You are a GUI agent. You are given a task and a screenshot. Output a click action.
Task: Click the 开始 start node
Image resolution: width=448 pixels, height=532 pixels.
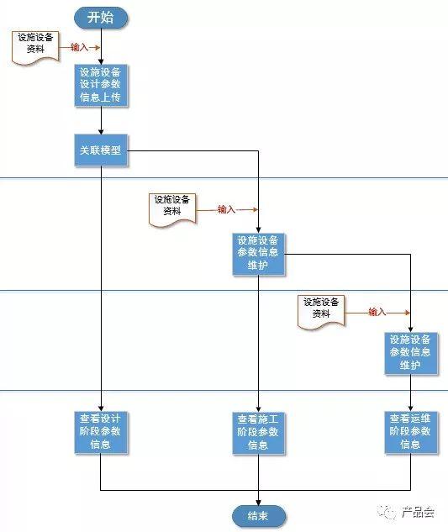pos(101,18)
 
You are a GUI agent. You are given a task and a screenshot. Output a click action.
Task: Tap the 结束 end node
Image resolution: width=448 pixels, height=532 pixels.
pos(259,516)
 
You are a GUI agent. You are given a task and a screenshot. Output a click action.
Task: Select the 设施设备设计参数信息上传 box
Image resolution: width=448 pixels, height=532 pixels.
pos(101,86)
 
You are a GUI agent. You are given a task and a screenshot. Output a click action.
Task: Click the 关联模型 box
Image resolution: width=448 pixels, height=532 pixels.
pos(101,150)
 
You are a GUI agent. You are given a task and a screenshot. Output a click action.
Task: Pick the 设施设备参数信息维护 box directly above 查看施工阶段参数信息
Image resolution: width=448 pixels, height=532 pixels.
pos(258,254)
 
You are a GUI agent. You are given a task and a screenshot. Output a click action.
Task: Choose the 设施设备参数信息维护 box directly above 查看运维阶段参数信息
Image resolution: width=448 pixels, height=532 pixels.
pos(411,353)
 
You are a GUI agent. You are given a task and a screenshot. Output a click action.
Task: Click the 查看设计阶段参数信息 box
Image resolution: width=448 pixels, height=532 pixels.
pos(101,432)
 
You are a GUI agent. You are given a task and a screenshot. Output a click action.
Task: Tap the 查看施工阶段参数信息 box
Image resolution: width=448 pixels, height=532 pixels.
pos(258,433)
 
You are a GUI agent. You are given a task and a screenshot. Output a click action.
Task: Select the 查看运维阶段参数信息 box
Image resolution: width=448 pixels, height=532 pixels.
pos(411,432)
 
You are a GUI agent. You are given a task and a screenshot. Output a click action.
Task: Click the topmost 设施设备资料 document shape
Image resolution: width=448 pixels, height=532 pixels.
pos(35,47)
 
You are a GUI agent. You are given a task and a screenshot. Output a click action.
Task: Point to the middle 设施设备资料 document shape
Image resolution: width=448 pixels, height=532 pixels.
pos(172,209)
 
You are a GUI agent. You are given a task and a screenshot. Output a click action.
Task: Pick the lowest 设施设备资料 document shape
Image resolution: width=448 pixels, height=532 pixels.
pos(321,312)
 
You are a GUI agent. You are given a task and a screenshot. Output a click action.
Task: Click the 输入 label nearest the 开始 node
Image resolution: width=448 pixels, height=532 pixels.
pos(79,47)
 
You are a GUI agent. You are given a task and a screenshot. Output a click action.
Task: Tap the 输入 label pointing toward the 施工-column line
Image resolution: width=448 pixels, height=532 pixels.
pos(226,209)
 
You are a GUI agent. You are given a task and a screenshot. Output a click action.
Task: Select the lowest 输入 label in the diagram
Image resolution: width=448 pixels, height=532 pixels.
pos(377,312)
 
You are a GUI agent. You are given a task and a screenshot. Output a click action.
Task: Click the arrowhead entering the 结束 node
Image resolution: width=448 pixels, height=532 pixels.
pos(258,503)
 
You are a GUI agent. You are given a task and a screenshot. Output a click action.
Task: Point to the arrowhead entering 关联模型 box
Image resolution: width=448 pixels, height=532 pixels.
pos(101,132)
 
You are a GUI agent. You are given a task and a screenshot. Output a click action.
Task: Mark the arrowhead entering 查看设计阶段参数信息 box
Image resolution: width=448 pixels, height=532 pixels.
pos(101,408)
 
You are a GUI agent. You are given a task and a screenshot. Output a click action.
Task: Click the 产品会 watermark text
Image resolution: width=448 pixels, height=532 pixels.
pos(418,512)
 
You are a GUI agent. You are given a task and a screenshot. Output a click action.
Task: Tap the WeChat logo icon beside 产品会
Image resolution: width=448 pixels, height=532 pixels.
pos(387,512)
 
